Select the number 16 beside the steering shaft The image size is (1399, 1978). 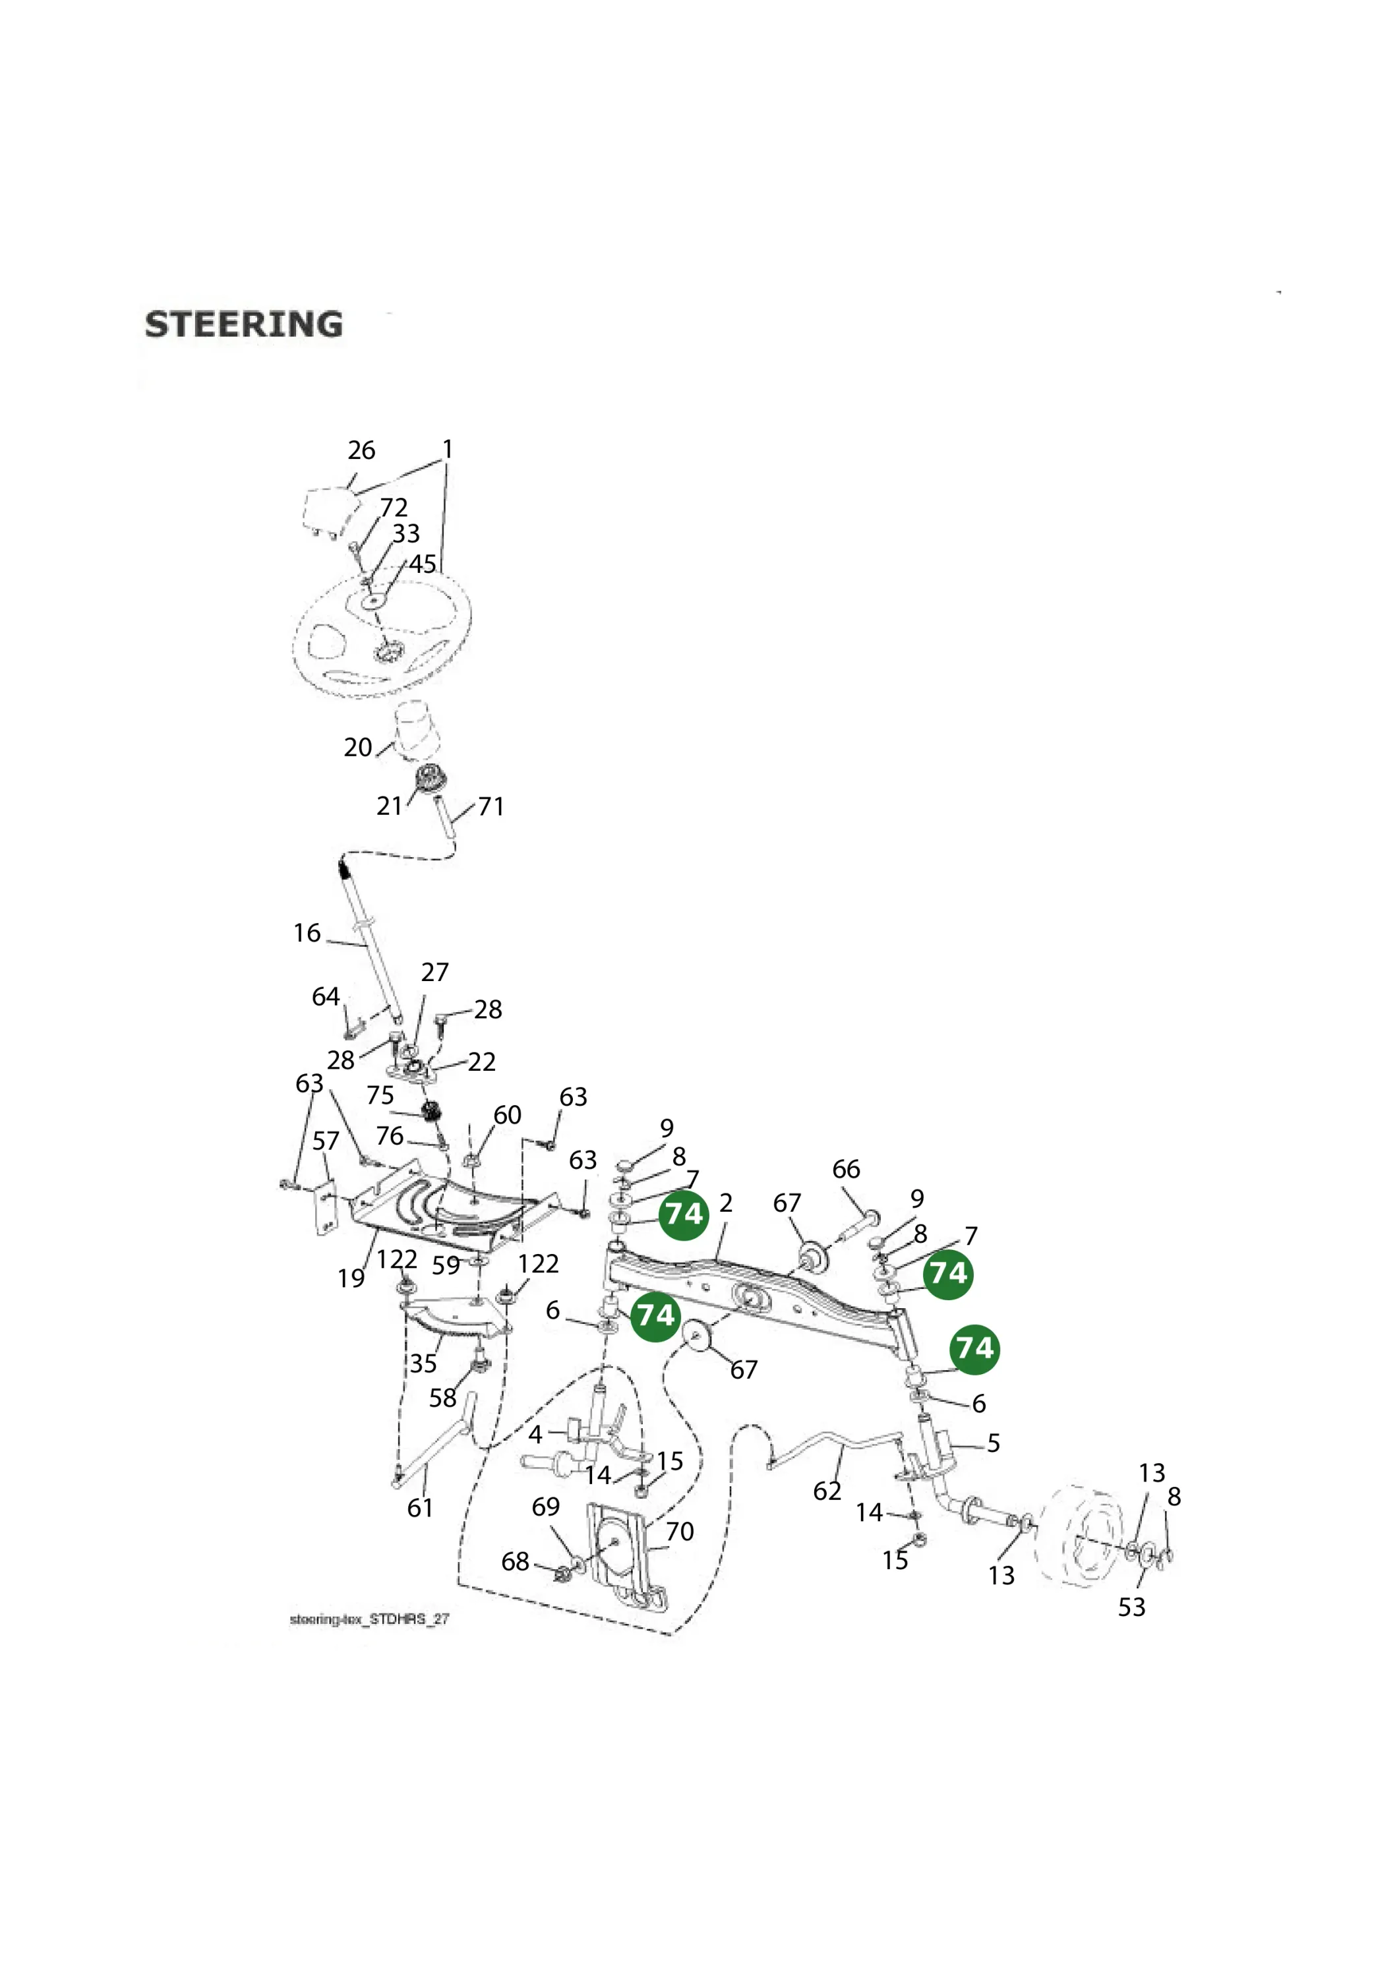point(307,933)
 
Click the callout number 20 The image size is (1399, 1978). point(357,747)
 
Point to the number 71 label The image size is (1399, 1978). point(491,806)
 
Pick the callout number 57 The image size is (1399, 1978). point(326,1141)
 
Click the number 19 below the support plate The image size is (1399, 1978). point(351,1278)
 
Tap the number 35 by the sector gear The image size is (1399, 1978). point(423,1364)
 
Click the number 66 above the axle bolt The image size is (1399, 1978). point(846,1169)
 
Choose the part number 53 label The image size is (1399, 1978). point(1132,1607)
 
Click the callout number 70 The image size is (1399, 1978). point(680,1532)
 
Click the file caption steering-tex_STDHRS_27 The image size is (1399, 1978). point(370,1619)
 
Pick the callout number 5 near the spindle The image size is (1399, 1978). point(994,1443)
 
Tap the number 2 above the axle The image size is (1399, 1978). point(727,1203)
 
